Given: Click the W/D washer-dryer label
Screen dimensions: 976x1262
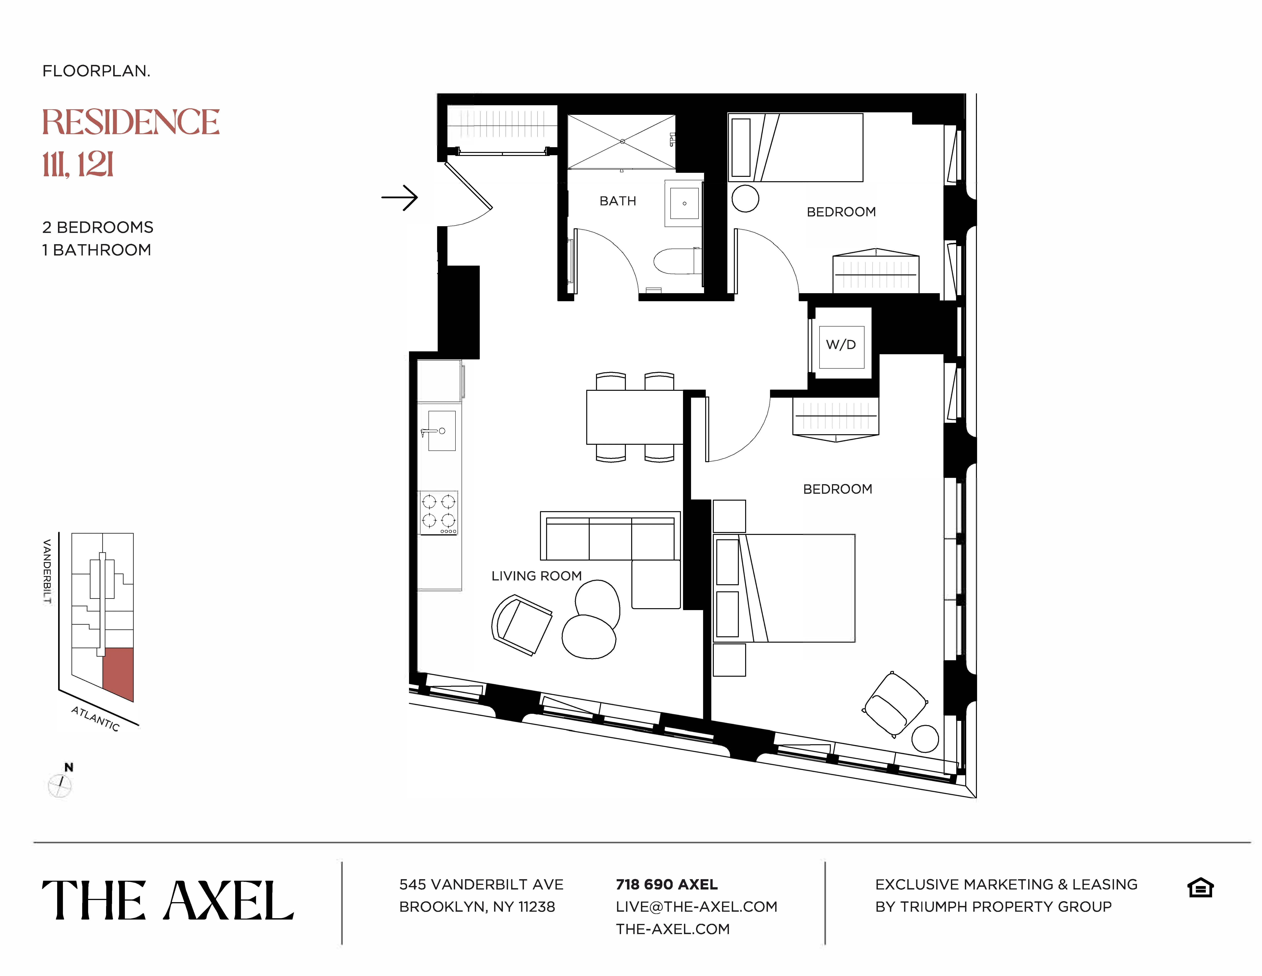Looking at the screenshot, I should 841,345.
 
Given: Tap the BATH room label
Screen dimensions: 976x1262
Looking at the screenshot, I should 618,201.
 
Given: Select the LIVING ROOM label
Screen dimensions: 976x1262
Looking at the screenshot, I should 536,576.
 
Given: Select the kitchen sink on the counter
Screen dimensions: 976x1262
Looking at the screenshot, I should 442,431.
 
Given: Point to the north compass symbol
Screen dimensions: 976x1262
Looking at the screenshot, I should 60,785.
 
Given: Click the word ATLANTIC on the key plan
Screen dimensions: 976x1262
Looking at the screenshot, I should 95,719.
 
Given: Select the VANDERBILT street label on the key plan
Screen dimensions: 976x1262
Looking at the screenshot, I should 47,571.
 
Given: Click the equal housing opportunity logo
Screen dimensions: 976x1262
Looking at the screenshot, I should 1200,888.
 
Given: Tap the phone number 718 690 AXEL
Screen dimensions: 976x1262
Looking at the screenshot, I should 666,885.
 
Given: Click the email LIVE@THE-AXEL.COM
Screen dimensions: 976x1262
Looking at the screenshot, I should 696,907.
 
